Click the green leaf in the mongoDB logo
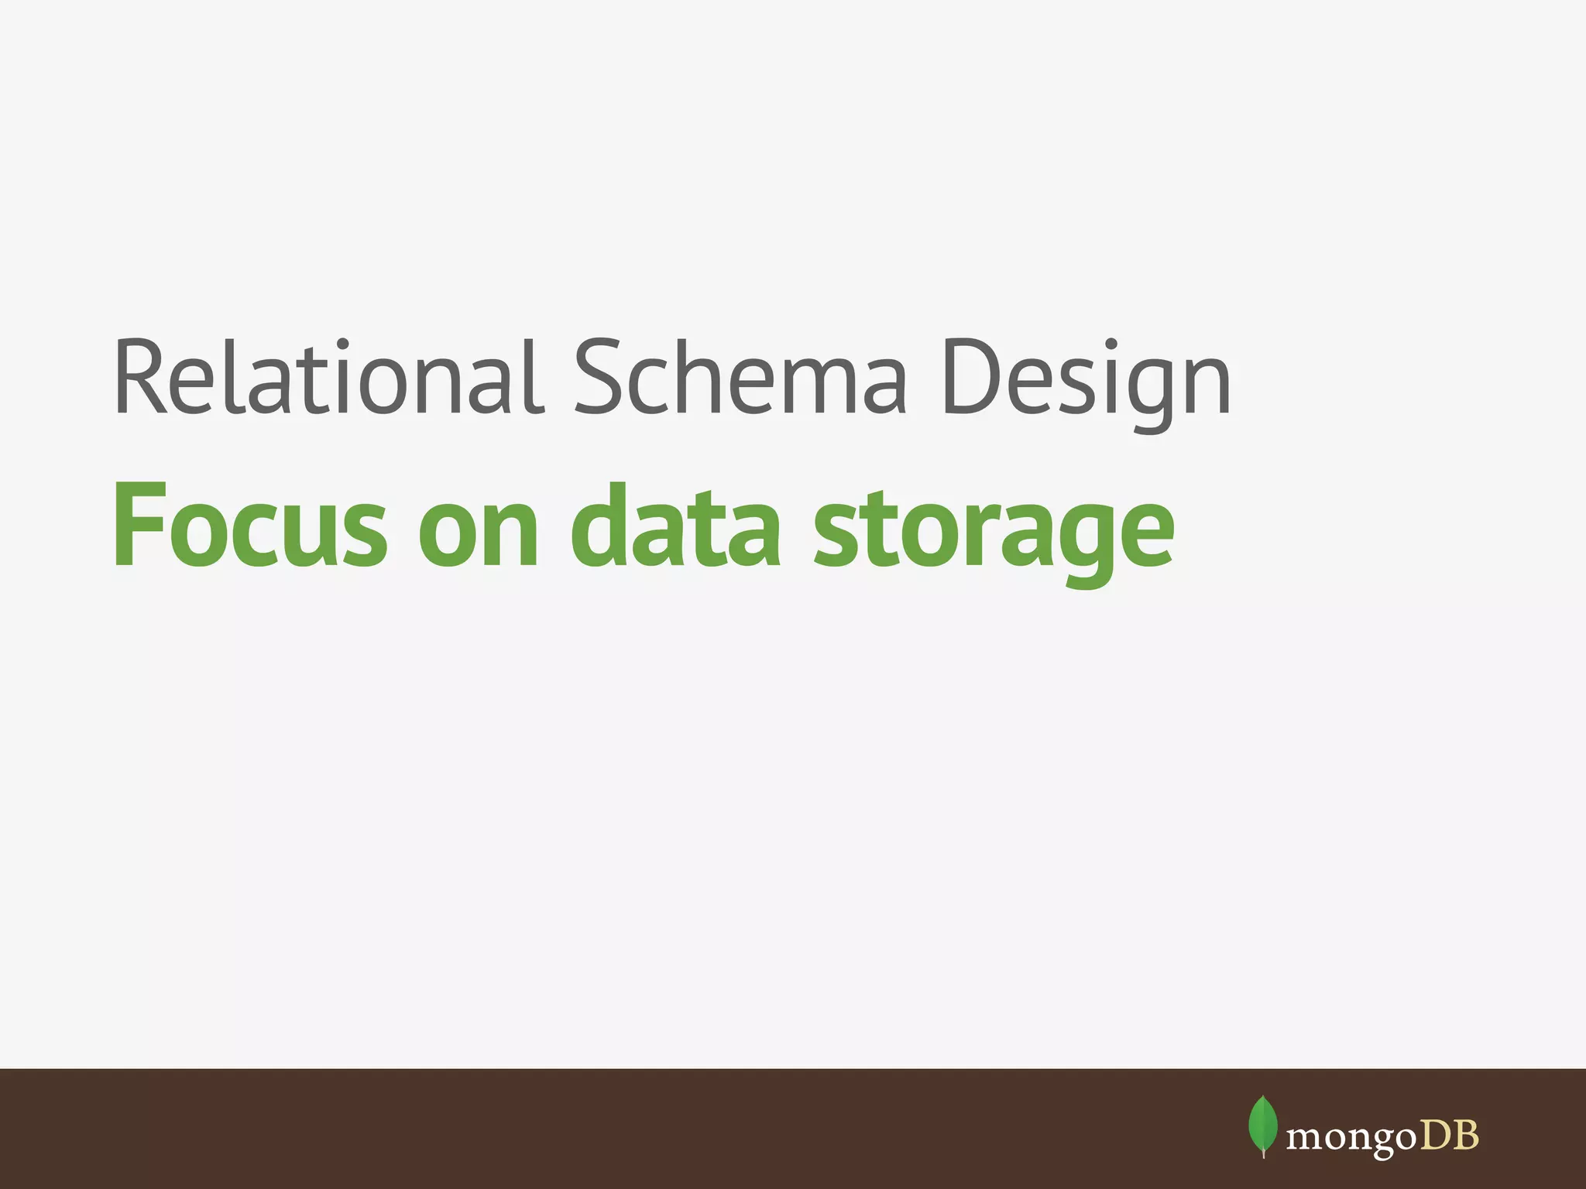pyautogui.click(x=1263, y=1123)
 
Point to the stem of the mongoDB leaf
pyautogui.click(x=1263, y=1153)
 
